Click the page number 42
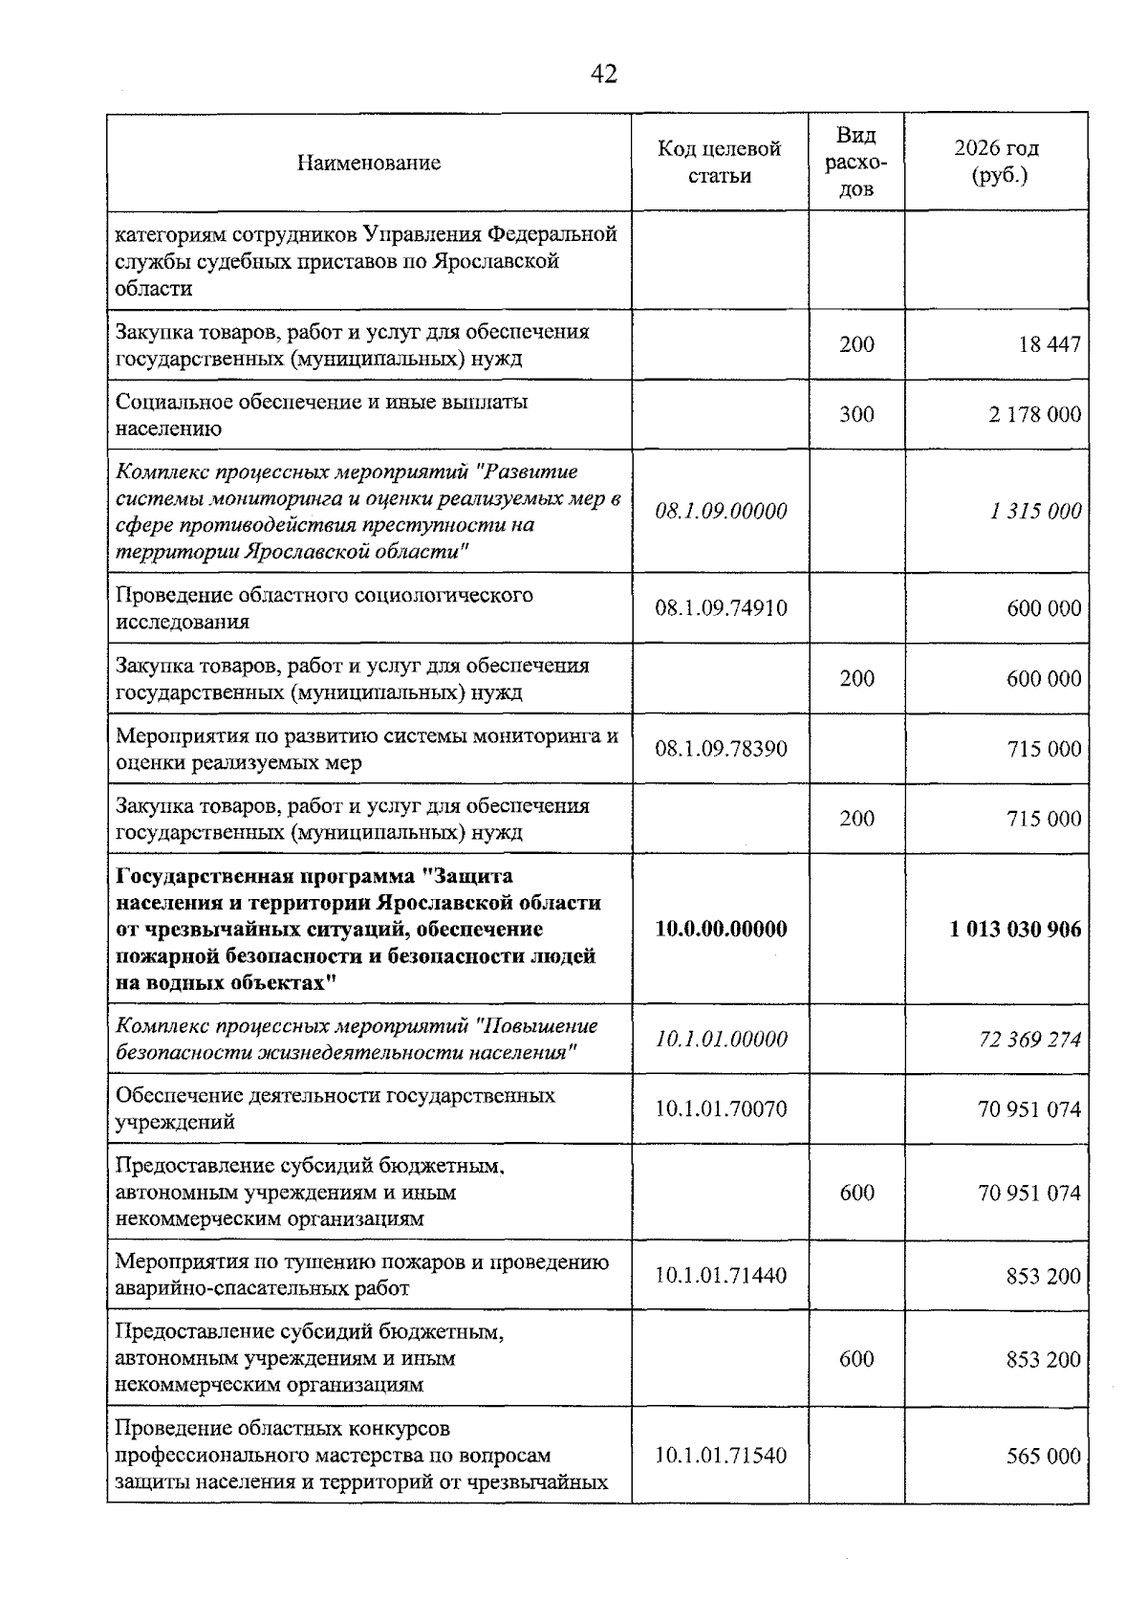(604, 74)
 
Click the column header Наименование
(368, 163)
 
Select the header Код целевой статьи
(719, 163)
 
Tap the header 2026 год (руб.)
(996, 163)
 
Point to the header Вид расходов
(855, 162)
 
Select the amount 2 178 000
(1035, 414)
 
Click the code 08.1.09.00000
(721, 512)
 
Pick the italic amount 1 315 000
(1035, 512)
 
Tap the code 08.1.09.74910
(721, 608)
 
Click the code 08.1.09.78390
(721, 749)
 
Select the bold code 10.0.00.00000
(721, 930)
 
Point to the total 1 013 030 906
(1015, 930)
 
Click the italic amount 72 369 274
(1029, 1040)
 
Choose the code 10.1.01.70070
(721, 1109)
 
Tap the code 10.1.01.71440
(721, 1276)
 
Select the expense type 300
(856, 414)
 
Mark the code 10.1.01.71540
(721, 1457)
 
